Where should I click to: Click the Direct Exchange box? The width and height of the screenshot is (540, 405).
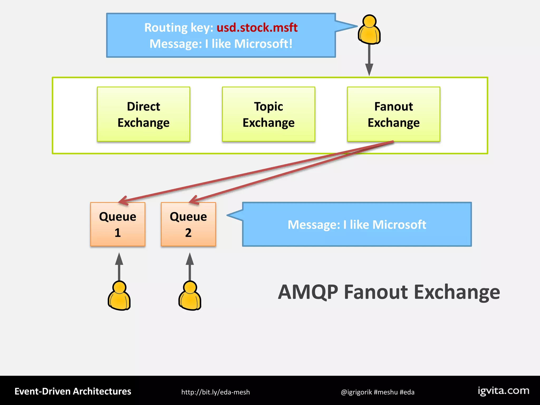pos(143,114)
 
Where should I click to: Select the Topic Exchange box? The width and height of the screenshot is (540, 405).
pos(268,114)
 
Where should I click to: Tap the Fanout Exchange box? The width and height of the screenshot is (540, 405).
pos(393,114)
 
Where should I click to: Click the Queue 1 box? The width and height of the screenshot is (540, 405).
pos(118,224)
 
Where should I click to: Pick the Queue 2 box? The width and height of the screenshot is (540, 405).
pos(188,224)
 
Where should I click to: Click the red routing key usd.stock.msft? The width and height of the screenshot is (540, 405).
pos(257,27)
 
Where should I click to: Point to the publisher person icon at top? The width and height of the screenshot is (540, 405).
pos(369,30)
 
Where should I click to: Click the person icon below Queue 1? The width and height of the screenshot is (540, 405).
pos(119,296)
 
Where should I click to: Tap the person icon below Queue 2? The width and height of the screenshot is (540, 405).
pos(190,296)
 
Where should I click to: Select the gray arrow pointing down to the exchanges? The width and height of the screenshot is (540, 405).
pos(369,61)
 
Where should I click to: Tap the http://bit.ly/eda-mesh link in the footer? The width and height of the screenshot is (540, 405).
pos(215,392)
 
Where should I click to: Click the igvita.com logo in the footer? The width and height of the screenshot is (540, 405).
pos(504,391)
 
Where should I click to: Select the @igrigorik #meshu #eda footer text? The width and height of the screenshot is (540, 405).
pos(378,392)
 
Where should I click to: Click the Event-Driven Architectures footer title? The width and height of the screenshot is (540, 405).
pos(73,391)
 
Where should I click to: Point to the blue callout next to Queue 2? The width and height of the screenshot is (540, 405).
pos(356,224)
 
